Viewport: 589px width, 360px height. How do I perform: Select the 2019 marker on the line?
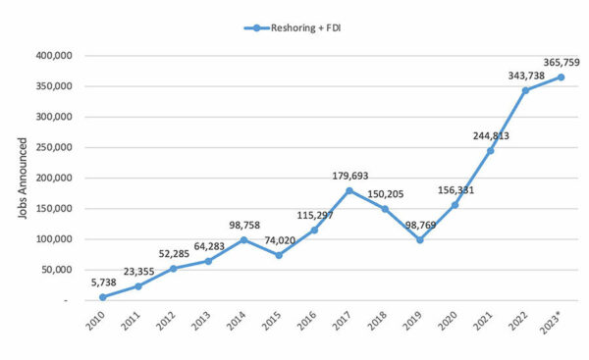coord(420,239)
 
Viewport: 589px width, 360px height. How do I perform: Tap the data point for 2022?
coord(526,90)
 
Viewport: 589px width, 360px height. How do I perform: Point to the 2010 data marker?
coord(103,296)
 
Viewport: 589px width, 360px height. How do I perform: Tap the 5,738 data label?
coord(103,283)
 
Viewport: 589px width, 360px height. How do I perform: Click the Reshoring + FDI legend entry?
coord(294,28)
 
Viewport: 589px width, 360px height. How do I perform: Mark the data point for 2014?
coord(244,239)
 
